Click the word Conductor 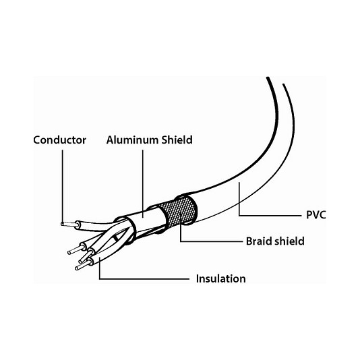[60, 140]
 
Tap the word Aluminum [133, 140]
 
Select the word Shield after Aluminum [177, 140]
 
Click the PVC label [316, 215]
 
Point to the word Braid [259, 241]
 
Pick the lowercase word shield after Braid [289, 241]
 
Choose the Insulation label [221, 278]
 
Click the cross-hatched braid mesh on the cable [179, 210]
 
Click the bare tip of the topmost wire [68, 224]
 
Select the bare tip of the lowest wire [82, 266]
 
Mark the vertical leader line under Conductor [63, 185]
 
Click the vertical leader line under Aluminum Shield [142, 183]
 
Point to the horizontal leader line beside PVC [270, 216]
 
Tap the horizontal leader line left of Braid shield [211, 241]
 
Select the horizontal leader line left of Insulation [144, 279]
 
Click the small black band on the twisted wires [116, 238]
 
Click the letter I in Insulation [198, 278]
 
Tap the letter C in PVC [322, 215]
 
